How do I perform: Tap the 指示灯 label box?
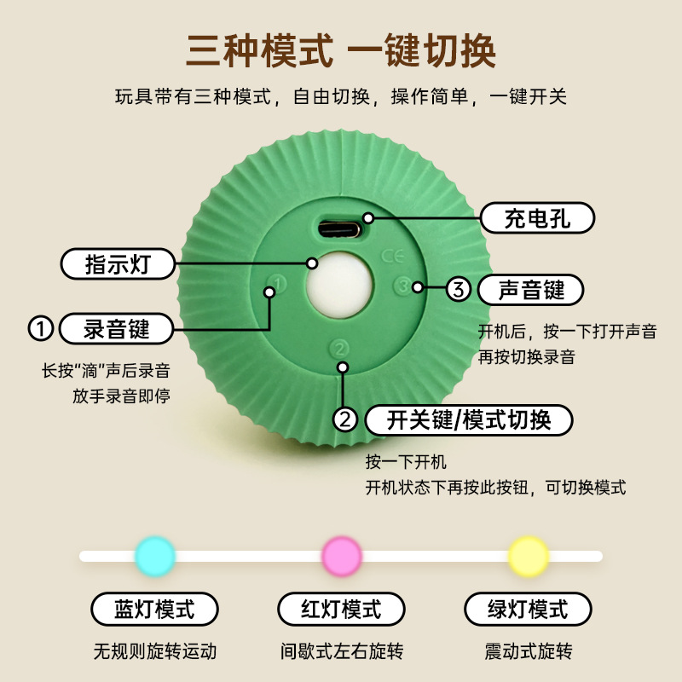118,263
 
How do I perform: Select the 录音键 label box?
117,327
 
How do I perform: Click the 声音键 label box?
531,290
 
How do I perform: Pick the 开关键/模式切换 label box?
468,419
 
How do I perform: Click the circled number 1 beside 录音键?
40,327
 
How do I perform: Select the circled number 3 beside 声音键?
459,290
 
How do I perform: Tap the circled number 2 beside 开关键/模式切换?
344,419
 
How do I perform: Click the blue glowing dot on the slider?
155,556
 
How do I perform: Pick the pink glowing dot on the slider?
342,556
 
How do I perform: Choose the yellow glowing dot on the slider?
528,556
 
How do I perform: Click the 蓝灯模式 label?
154,610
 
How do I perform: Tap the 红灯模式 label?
341,610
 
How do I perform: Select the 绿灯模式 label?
528,610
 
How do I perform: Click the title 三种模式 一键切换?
341,51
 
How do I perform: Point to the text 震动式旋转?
528,652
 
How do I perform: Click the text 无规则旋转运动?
154,652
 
